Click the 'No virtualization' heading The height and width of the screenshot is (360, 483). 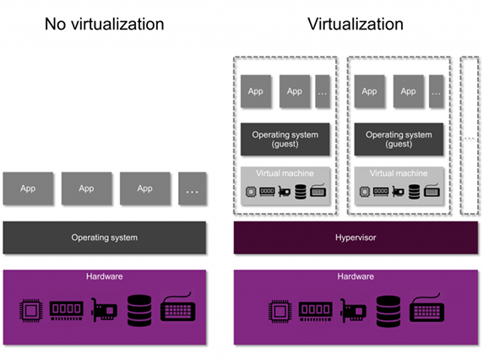coord(104,24)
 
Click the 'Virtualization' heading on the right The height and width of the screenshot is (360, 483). coord(355,24)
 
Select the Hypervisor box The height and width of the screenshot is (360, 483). coord(355,237)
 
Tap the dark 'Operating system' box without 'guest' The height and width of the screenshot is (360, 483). coord(105,237)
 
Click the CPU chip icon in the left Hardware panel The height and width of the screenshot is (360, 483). coord(31,311)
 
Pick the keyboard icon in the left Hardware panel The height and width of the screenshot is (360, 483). coord(178,308)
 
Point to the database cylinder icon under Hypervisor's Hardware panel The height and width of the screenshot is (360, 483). coord(388,311)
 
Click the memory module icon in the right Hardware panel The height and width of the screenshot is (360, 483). coord(316,311)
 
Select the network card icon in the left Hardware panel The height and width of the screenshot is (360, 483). coord(104,310)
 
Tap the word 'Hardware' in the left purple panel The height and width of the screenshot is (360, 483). coord(105,276)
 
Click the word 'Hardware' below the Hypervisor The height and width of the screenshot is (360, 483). coord(355,276)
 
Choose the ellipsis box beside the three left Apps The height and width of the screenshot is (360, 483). coord(193,188)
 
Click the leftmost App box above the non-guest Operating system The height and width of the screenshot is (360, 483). coord(28,188)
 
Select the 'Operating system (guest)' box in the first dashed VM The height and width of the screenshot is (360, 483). coord(285,139)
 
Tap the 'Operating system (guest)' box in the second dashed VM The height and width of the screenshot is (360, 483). coord(399,139)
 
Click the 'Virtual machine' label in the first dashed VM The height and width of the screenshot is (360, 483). coord(285,173)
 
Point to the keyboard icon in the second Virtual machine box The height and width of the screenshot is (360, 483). coord(431,190)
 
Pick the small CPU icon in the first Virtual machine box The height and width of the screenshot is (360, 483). coord(251,192)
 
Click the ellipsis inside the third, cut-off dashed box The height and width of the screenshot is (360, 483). coord(469,139)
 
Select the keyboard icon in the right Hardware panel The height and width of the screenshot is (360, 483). coord(427,308)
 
